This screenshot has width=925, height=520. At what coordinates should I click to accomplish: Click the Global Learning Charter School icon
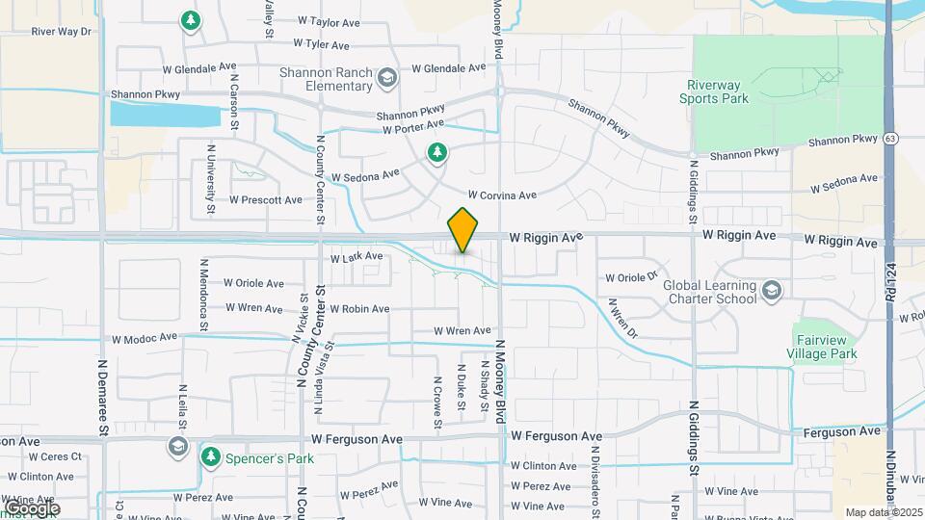(x=771, y=290)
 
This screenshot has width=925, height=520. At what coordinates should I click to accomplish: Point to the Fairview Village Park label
(x=826, y=347)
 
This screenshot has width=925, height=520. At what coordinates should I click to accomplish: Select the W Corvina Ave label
(x=502, y=195)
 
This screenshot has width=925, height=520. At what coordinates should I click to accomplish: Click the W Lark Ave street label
(x=357, y=257)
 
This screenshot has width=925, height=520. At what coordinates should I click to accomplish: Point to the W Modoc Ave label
(x=145, y=338)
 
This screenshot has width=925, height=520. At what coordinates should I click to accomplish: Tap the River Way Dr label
(x=61, y=32)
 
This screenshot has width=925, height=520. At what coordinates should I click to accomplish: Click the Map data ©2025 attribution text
(x=883, y=512)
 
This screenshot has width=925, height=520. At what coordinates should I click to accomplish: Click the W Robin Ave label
(x=358, y=309)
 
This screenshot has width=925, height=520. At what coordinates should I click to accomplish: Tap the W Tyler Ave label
(x=327, y=44)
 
